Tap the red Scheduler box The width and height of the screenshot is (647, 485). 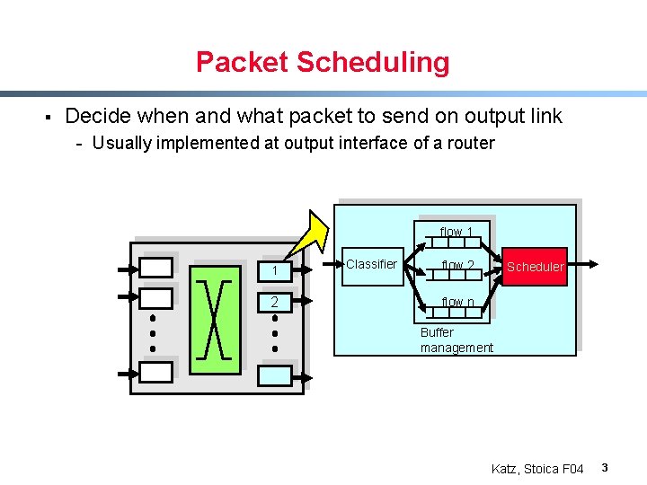point(535,266)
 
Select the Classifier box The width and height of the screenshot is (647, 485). point(372,265)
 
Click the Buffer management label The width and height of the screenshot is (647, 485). point(456,339)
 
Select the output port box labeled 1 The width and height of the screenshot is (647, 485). point(279,269)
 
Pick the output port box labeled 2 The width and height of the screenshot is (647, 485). point(279,301)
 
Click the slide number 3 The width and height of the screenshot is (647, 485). point(605,468)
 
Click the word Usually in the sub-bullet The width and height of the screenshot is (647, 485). point(122,143)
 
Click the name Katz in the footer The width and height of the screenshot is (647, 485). point(505,469)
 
